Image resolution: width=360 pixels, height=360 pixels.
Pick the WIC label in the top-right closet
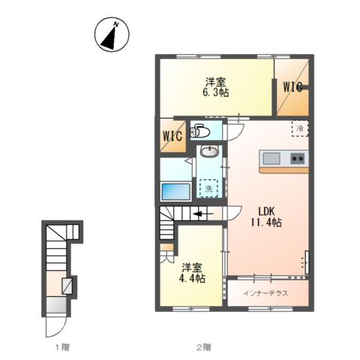coord(292,86)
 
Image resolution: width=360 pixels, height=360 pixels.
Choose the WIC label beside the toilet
coord(173,137)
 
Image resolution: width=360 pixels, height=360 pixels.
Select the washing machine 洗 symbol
coord(210,187)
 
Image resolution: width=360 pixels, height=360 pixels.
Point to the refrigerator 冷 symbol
coord(298,128)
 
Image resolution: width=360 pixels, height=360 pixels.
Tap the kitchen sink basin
coord(271,158)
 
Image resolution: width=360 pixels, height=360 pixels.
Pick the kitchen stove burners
coord(296,158)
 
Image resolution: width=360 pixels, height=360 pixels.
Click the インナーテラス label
coord(265,292)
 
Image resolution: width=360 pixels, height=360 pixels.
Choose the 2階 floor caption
coord(204,347)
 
